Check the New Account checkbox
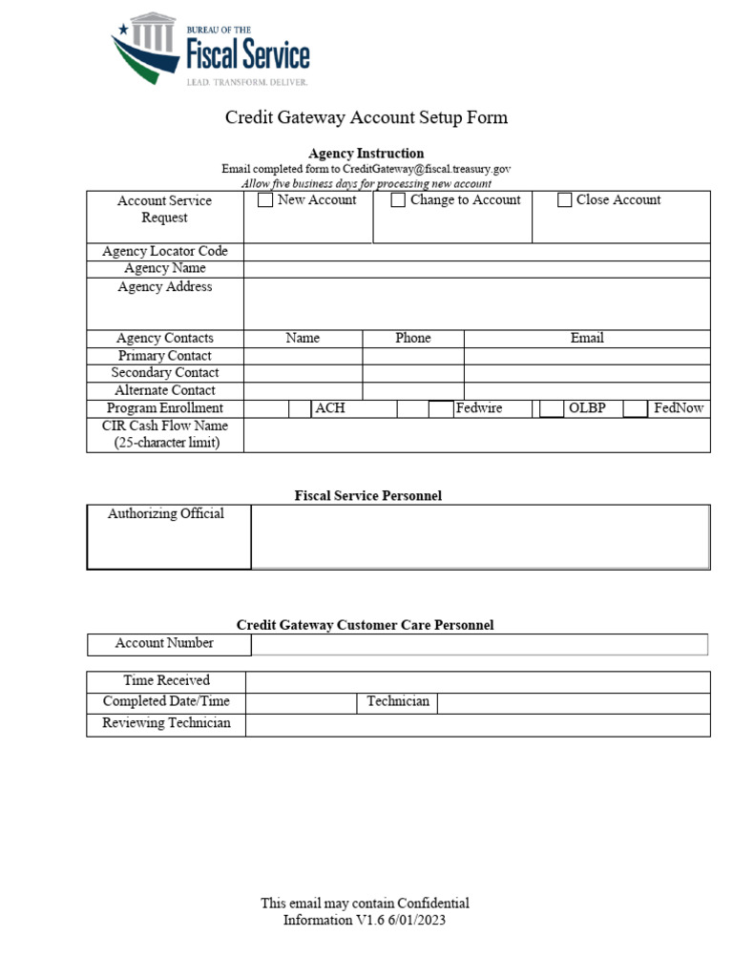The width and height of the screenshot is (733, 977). coord(265,200)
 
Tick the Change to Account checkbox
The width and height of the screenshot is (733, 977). coord(398,200)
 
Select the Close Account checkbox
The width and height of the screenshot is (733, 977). coord(564,200)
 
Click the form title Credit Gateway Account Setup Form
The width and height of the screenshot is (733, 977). coord(366,117)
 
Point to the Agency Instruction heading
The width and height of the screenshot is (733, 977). coord(366,154)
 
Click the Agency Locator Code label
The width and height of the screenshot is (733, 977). coord(165,251)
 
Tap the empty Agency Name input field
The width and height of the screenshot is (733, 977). coord(476,269)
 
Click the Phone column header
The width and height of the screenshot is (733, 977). coord(412,338)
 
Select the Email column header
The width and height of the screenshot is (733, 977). coord(586,338)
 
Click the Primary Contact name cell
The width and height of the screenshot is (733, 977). coord(303,356)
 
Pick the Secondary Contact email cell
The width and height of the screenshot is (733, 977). coord(586,373)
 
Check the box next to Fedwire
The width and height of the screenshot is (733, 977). coord(440,408)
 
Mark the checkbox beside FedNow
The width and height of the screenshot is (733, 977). coord(636,408)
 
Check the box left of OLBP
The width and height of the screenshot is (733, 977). coord(551,408)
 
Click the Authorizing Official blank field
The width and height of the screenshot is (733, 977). coord(480,537)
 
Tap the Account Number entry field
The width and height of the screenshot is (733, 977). coord(479,645)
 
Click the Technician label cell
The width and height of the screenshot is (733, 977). coord(398,702)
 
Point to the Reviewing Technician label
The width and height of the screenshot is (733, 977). coord(165,723)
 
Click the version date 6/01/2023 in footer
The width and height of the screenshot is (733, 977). coord(416,921)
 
